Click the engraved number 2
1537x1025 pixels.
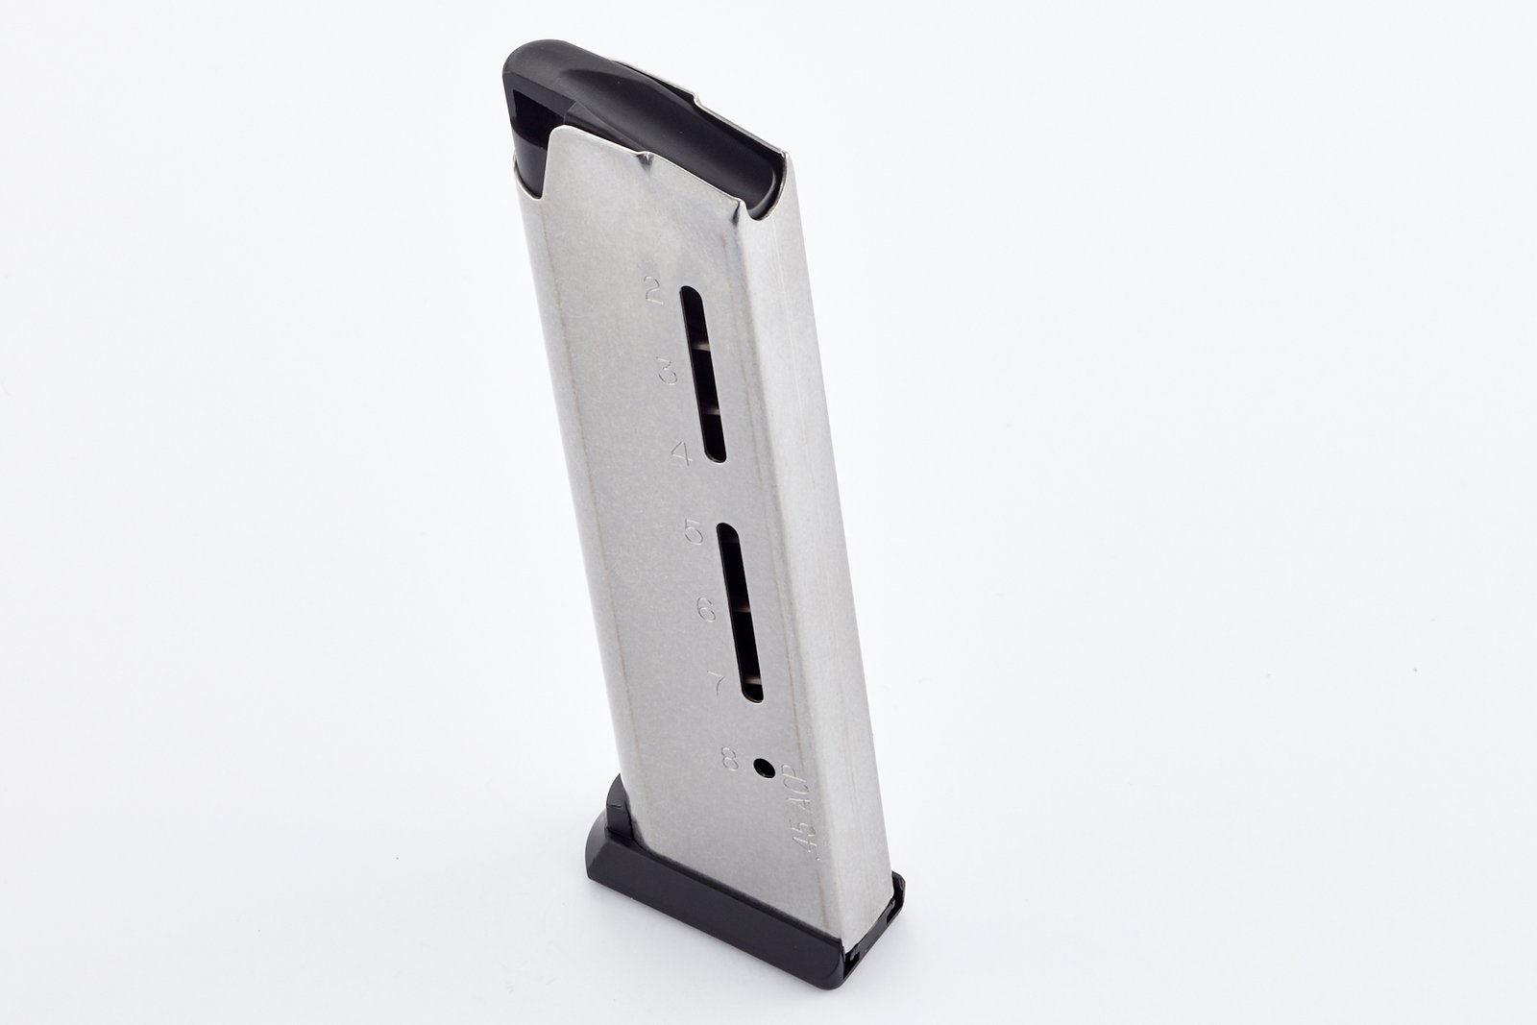(654, 292)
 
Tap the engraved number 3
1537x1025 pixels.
(668, 371)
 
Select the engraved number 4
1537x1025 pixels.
(681, 452)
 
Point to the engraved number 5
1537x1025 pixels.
(694, 531)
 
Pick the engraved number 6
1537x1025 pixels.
(706, 608)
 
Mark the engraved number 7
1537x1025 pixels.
(718, 683)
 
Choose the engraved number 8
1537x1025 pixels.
(730, 758)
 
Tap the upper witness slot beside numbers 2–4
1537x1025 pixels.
(702, 374)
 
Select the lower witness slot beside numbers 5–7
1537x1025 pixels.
(740, 612)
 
